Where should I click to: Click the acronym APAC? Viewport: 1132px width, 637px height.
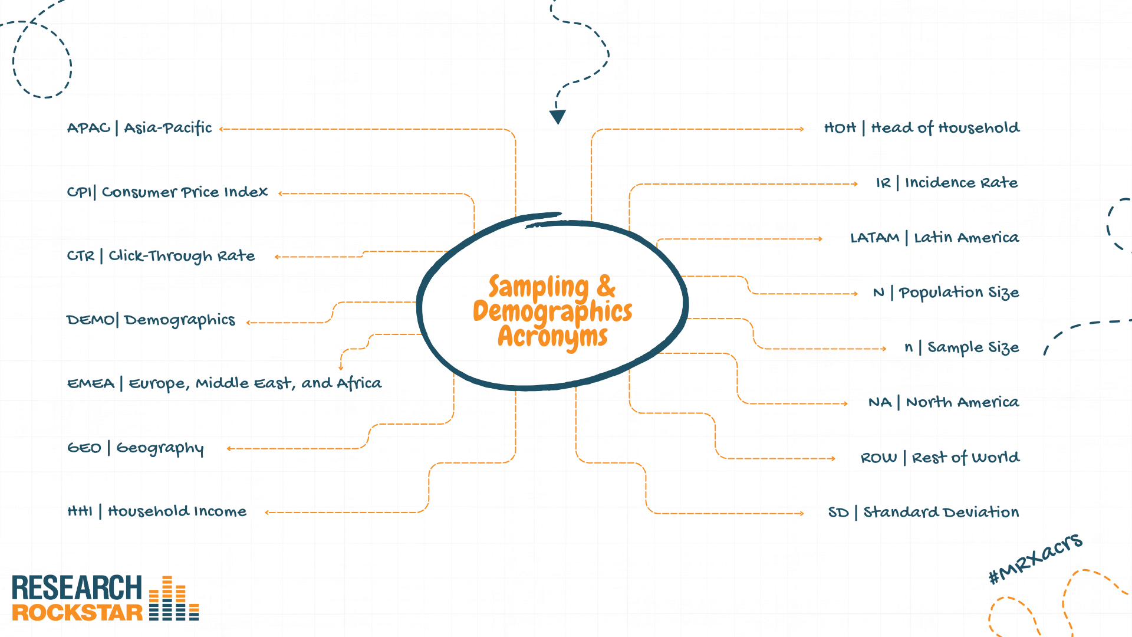point(88,128)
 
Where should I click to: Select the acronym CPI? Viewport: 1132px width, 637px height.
point(80,192)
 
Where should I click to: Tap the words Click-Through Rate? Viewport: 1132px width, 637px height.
point(182,256)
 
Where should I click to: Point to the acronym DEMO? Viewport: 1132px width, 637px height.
point(91,320)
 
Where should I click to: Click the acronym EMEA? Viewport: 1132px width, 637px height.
point(91,384)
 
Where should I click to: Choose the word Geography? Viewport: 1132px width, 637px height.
point(160,449)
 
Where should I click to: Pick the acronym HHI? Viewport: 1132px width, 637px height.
point(80,511)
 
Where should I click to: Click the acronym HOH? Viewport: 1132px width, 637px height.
point(840,128)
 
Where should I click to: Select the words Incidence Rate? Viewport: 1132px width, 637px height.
point(962,183)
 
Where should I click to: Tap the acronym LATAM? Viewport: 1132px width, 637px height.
point(875,238)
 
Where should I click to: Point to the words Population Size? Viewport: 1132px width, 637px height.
point(959,293)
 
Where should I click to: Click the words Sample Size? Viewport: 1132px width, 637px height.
point(973,348)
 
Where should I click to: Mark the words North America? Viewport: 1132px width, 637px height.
point(963,402)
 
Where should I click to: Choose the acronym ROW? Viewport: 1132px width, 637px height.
point(878,458)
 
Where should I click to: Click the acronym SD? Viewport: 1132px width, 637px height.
point(838,513)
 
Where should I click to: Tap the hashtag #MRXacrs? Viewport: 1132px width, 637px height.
point(1035,558)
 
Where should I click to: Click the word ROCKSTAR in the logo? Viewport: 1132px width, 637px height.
point(77,613)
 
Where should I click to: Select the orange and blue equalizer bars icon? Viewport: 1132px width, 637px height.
point(174,598)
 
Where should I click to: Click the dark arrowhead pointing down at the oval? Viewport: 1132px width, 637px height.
point(558,117)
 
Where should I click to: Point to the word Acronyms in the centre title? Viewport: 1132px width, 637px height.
point(552,337)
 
